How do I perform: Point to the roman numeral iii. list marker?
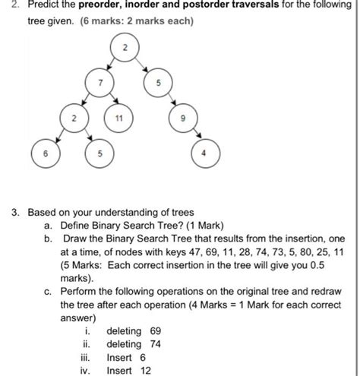90,357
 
